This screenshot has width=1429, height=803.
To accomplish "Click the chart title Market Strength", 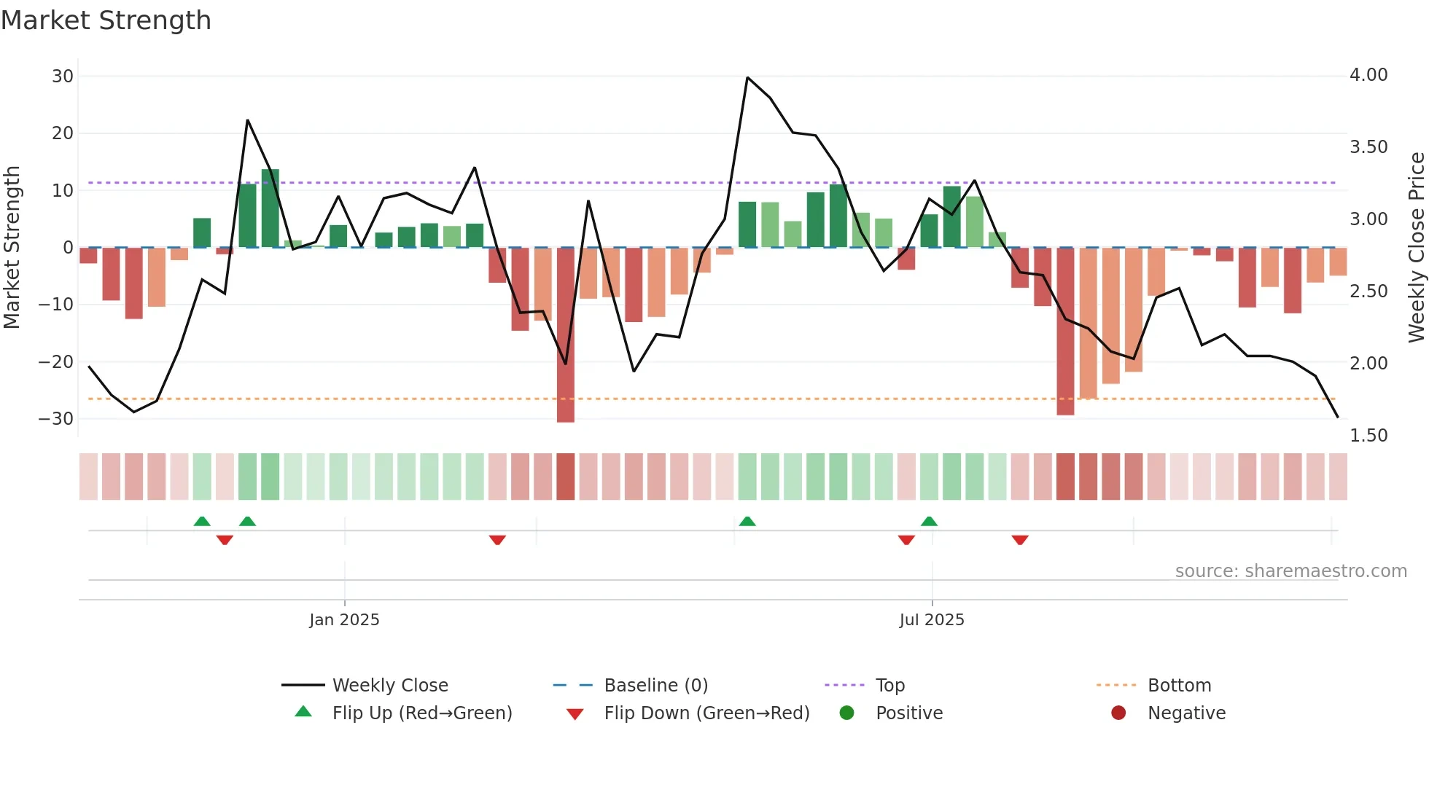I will point(106,20).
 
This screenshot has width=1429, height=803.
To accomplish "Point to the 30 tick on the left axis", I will point(63,77).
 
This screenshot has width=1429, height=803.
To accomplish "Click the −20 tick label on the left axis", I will point(56,362).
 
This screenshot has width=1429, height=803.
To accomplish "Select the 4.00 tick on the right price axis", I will point(1368,75).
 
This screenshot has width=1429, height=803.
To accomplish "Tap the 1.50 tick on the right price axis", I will point(1368,436).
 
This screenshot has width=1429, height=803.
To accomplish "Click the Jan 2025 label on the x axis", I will point(344,620).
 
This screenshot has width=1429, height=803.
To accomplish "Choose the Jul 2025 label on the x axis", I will point(931,620).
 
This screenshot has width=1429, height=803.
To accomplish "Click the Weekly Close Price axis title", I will point(1416,248).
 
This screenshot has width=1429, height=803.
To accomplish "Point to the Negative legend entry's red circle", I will point(1118,713).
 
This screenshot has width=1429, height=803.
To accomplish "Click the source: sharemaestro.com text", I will point(1290,571).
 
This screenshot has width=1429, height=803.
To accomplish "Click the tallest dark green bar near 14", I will point(270,208).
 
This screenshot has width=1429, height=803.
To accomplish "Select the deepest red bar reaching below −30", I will point(565,335).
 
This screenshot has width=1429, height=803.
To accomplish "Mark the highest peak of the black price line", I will point(747,77).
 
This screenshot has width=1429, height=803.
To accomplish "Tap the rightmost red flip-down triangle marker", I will point(1020,540).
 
